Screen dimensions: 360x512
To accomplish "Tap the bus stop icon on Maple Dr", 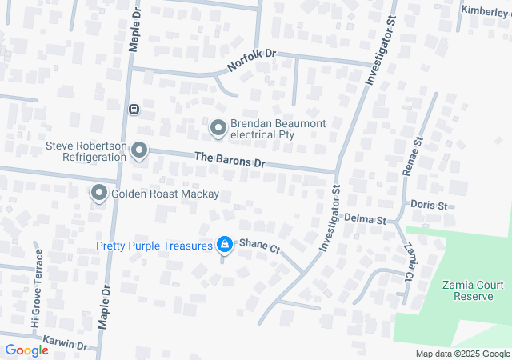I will click(x=134, y=109).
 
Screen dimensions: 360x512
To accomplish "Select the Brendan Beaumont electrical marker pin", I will click(x=218, y=128).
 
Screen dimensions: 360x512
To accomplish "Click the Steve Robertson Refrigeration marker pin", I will click(x=139, y=150).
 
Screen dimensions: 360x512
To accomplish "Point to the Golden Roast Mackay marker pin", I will click(x=99, y=194).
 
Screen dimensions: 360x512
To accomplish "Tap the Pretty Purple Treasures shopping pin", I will click(x=225, y=245).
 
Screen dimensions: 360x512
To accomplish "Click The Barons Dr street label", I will click(x=229, y=159).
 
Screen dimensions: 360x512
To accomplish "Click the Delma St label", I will click(x=366, y=218).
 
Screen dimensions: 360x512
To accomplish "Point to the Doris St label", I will click(x=428, y=206).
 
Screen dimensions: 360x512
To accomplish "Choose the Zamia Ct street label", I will click(x=409, y=261).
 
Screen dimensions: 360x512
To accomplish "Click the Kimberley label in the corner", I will click(x=486, y=10).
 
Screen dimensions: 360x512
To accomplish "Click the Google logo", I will click(x=26, y=350).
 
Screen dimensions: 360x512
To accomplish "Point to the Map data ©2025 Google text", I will click(x=462, y=354).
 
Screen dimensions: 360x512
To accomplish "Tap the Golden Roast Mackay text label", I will click(x=165, y=194).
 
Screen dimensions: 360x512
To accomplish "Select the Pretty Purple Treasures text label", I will click(x=154, y=246).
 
